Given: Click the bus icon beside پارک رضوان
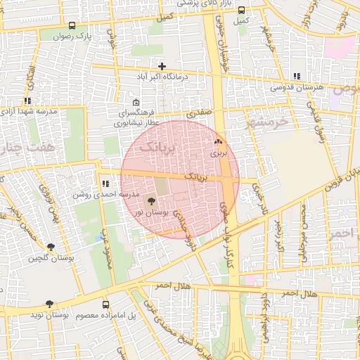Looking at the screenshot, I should coord(72,25).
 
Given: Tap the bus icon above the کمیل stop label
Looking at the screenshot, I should coord(243,11).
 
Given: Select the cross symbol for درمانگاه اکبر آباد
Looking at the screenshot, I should coord(162,65).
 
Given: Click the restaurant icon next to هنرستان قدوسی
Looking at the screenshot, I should coord(296,76).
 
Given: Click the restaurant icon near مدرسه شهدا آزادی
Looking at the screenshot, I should coord(27,101).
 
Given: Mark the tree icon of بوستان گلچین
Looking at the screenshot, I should coord(50,247).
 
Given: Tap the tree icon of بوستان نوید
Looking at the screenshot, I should coord(49,304).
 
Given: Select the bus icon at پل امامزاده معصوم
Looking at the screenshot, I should coord(106,304).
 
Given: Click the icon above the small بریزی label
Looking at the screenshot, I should coord(216,142).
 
